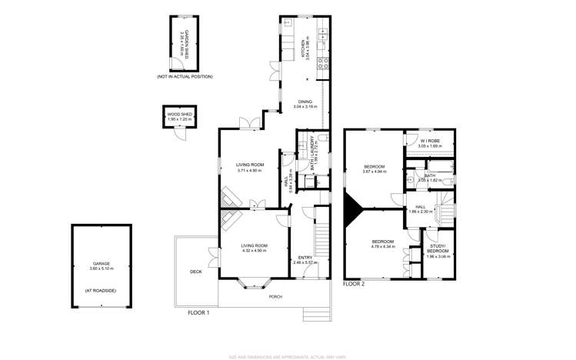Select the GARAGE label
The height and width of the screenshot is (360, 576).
coord(102,263)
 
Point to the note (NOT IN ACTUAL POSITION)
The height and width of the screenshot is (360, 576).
coord(185,77)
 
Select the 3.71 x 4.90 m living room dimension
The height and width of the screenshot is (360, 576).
coord(250,170)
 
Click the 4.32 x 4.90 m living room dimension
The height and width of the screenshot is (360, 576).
coord(253,250)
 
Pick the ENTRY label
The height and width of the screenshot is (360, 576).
coord(305,257)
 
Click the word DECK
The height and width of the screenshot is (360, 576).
coord(196,272)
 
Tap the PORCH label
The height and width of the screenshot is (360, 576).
coord(275,296)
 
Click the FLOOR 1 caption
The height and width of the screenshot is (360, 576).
coord(198,312)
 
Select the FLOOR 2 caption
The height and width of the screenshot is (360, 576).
coord(354,284)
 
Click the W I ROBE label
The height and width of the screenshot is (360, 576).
coord(430,142)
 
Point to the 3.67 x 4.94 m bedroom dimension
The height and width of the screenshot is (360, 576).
coord(374,172)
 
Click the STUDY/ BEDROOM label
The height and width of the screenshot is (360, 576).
coord(438,252)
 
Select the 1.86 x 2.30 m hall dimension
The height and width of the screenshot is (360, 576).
coord(421,211)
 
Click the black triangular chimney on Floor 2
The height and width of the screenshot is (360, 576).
coord(354,210)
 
